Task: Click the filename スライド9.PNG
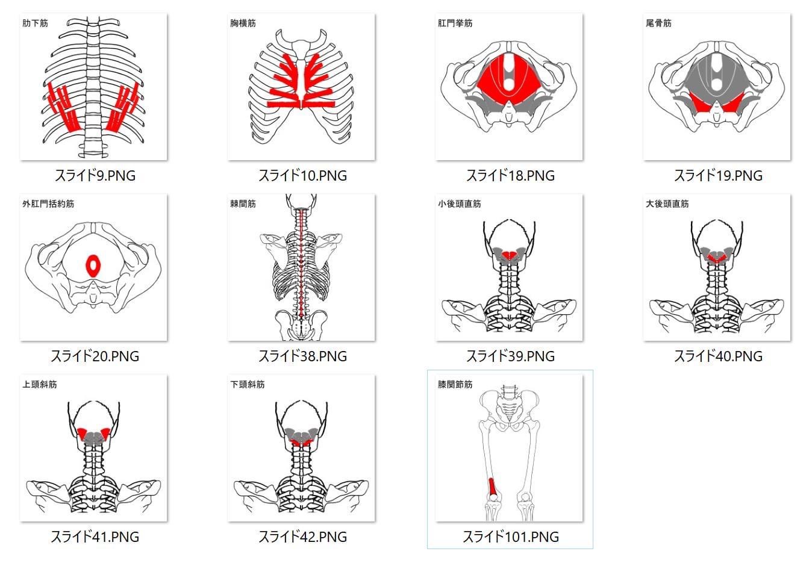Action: coord(95,175)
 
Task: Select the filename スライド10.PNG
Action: coord(302,175)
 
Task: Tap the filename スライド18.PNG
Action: coord(510,175)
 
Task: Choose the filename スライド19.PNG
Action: coord(718,175)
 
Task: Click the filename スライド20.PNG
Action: coord(95,356)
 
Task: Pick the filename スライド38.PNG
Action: coord(302,356)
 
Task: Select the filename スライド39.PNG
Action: coord(510,356)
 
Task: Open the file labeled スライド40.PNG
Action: coord(718,356)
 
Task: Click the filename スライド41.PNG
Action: coord(95,537)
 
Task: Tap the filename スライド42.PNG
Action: coord(302,537)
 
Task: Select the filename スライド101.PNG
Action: coord(510,537)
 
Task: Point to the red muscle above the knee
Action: coord(493,488)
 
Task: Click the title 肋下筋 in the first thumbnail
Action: coord(35,23)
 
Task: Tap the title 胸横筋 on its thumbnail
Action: coord(243,23)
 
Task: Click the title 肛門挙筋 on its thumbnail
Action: coord(455,23)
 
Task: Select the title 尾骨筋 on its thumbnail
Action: coord(658,23)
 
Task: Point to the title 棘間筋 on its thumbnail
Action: coord(243,204)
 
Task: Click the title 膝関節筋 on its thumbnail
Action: coord(455,384)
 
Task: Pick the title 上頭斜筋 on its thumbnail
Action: coord(39,384)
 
